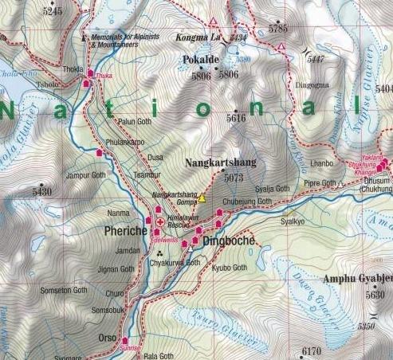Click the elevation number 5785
pos(278,29)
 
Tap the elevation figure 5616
pos(236,117)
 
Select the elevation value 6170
pos(311,350)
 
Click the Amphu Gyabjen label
pos(357,279)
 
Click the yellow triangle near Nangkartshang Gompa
pos(202,198)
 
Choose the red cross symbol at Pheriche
pos(162,222)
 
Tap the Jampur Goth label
pos(86,174)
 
